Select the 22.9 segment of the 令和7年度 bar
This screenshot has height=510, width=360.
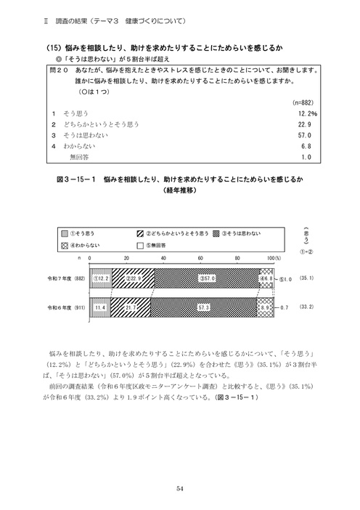pos(133,278)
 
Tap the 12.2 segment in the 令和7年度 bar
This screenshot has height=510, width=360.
pos(101,278)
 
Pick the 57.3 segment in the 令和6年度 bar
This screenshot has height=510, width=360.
pos(205,308)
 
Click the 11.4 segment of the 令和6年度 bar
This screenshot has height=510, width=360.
pos(100,308)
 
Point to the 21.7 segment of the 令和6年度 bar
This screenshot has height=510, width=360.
pos(131,308)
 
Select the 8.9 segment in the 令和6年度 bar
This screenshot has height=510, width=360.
pos(266,308)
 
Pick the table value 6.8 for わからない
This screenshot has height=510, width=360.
pos(304,145)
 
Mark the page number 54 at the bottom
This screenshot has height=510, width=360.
pos(180,489)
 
